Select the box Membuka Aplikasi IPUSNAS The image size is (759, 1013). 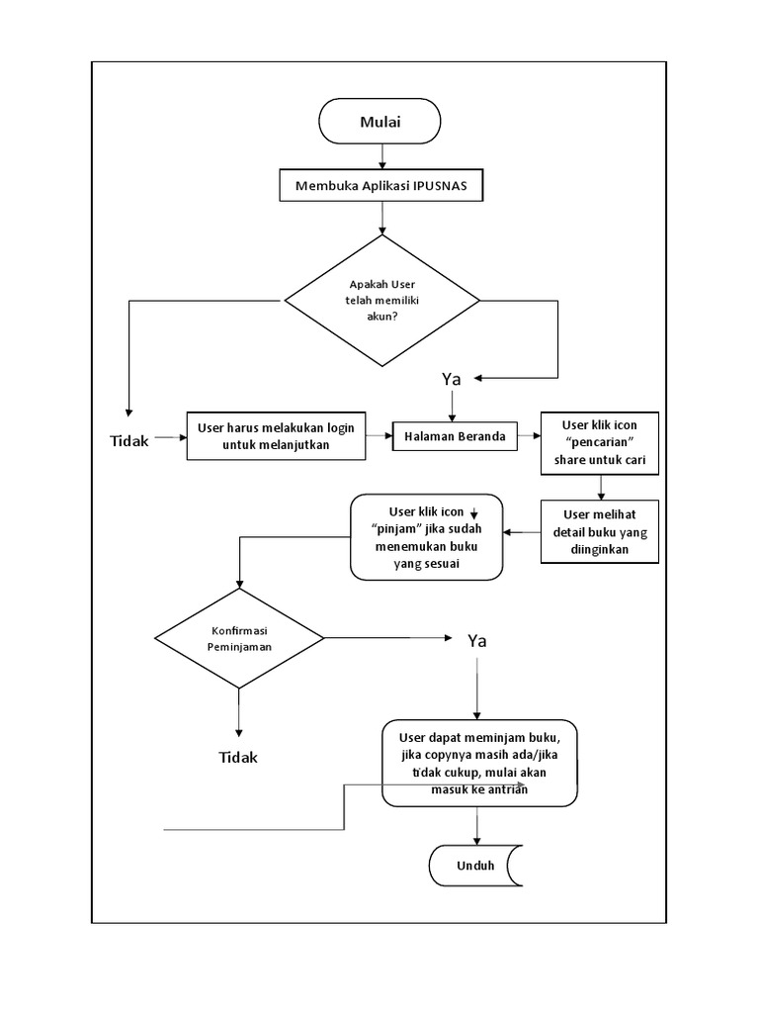pos(381,186)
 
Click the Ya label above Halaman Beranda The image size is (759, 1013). pos(452,379)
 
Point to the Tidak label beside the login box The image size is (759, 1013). pos(129,441)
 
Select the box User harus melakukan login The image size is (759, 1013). pos(276,436)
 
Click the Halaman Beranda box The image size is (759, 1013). pos(455,436)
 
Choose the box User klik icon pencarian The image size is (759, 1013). pos(600,442)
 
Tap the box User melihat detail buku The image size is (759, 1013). pos(600,531)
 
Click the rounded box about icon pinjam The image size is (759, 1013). pos(427,537)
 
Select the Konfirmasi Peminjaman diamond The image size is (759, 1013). pos(239,638)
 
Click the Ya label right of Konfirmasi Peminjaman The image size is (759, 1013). pos(477,641)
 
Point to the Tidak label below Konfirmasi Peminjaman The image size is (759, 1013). pos(238,757)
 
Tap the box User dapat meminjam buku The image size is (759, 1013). pos(479,763)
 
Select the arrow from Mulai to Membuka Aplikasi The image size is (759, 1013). pos(381,155)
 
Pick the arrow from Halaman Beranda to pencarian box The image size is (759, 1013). pos(528,435)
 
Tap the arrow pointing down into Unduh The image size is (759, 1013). pos(478,825)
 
